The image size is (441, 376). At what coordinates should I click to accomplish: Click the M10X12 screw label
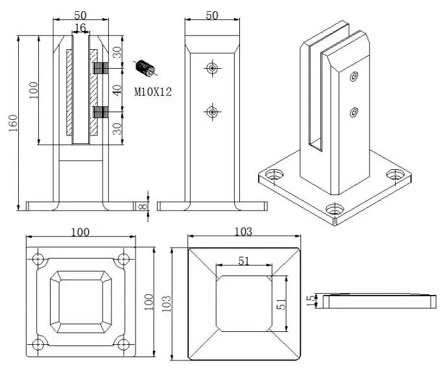click(153, 92)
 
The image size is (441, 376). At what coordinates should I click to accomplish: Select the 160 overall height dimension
click(12, 122)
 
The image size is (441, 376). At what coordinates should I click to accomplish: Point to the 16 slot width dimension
click(80, 27)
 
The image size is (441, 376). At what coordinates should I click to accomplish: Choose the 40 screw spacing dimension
click(117, 89)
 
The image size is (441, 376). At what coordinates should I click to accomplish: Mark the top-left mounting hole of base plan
click(39, 259)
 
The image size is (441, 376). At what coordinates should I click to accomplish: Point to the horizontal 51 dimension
click(244, 261)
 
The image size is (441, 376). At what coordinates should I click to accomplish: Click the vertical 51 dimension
click(281, 303)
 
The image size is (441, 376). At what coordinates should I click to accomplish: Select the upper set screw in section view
click(100, 67)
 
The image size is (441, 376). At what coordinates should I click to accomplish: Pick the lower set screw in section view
click(100, 112)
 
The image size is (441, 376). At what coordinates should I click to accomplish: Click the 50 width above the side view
click(212, 15)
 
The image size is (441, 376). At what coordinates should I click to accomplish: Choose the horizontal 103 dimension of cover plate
click(244, 231)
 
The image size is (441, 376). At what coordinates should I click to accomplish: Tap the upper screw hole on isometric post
click(353, 78)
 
